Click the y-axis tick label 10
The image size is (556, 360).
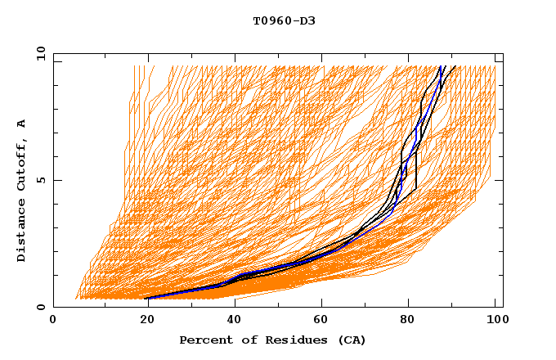pos(39,53)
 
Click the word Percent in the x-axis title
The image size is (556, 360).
pos(204,340)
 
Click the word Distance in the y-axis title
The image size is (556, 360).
pos(22,233)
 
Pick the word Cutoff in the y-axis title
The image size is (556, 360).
pos(22,166)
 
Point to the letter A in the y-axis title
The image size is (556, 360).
pos(22,123)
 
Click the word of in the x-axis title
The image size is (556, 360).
pos(245,340)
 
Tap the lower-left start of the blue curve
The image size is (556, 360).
pos(147,298)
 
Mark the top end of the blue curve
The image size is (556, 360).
pos(442,66)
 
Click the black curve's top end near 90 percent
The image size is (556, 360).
pos(455,66)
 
